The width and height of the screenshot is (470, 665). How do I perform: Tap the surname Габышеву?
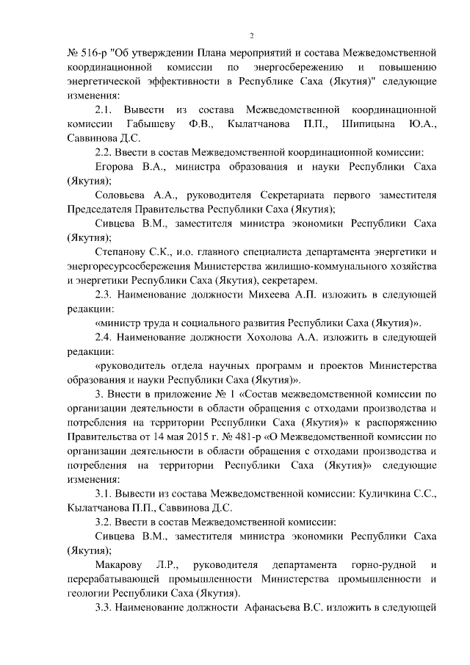coord(152,123)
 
